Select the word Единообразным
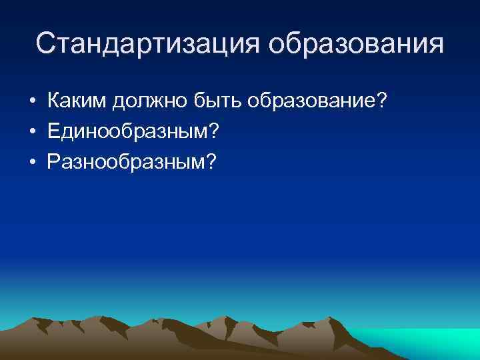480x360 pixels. [127, 132]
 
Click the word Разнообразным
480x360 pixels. [127, 162]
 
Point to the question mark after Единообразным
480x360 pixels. [213, 131]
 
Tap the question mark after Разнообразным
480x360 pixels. [211, 161]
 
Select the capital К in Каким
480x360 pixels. [54, 102]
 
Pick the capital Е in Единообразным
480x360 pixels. [54, 131]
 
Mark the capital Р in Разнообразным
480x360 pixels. [53, 161]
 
